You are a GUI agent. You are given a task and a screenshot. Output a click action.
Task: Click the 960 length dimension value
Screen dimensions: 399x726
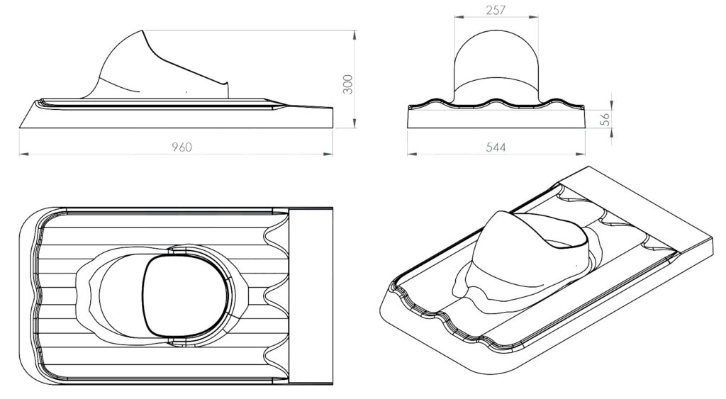(x=182, y=147)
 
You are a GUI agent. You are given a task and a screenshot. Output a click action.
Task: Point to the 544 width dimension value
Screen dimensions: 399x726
(x=496, y=147)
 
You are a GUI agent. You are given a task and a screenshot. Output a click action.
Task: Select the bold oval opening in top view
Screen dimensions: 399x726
(x=187, y=295)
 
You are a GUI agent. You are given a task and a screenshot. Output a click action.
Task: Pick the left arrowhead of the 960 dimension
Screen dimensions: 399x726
(x=21, y=152)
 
